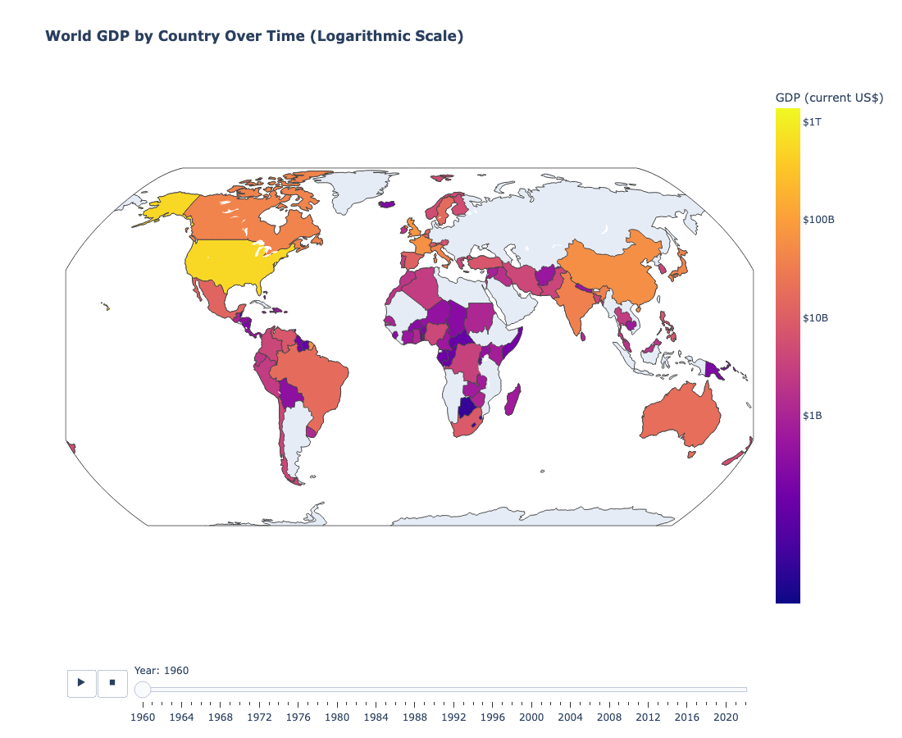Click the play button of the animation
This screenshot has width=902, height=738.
click(x=81, y=682)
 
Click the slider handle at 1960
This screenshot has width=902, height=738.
click(x=143, y=690)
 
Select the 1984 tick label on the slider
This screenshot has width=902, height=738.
click(x=376, y=717)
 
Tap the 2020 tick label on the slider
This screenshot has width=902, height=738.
click(x=726, y=717)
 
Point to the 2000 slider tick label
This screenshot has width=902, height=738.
click(x=531, y=717)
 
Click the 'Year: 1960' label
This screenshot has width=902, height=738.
click(x=162, y=670)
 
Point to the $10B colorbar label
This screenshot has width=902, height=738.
click(x=816, y=317)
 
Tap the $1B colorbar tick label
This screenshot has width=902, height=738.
click(x=813, y=415)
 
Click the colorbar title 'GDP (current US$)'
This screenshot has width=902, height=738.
click(x=829, y=98)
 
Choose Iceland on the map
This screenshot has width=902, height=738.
click(x=386, y=204)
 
